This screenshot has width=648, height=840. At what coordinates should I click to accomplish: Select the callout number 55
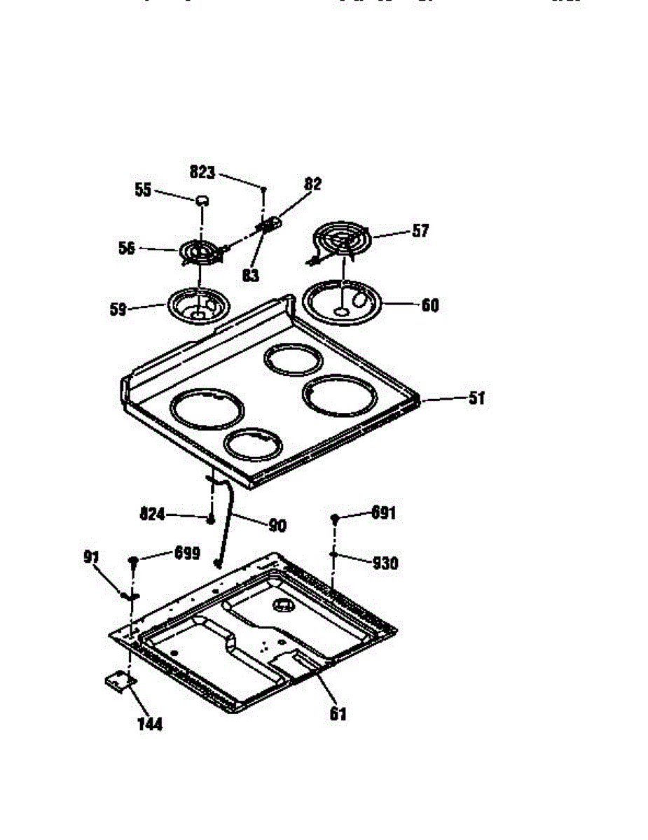pos(143,190)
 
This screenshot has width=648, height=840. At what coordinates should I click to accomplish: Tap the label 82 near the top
pos(312,184)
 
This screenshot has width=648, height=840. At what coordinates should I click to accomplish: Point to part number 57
pos(420,231)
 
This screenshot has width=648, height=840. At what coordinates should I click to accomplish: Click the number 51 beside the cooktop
pos(476,398)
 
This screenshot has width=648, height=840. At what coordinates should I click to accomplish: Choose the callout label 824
pos(152,514)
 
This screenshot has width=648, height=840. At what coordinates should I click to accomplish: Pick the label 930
pos(385,562)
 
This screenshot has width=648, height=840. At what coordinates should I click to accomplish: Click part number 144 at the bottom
pos(149,724)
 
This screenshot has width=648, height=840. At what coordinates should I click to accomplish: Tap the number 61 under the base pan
pos(338,714)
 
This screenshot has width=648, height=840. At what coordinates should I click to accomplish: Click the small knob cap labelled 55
pos(202,200)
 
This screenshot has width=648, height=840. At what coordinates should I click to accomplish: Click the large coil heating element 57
pos(344,241)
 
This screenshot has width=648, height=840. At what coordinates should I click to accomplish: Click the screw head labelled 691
pos(335,518)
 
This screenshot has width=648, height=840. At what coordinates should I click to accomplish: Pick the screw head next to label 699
pos(133,561)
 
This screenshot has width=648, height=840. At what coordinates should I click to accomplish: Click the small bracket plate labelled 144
pos(118,681)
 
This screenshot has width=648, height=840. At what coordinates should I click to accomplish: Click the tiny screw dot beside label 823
pos(263,188)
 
